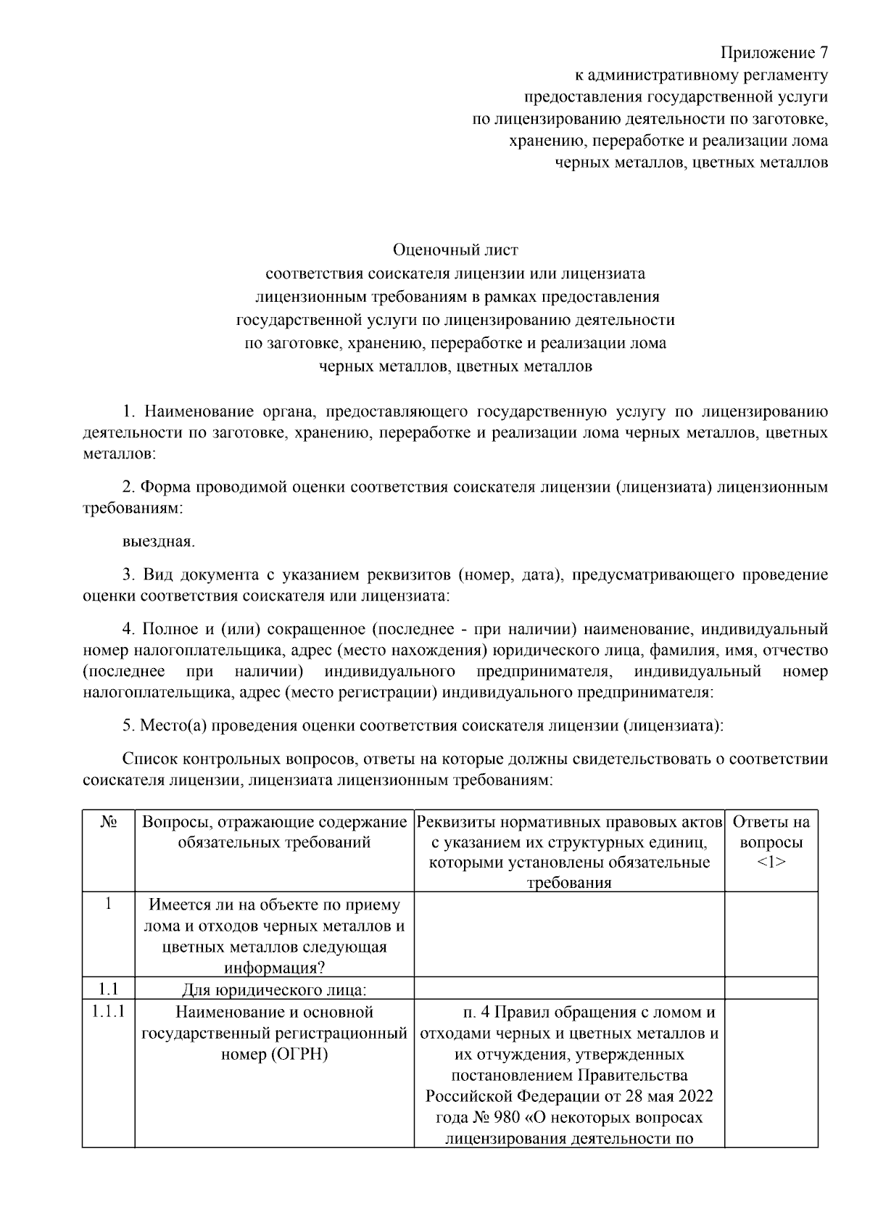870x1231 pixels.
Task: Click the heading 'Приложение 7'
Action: (773, 53)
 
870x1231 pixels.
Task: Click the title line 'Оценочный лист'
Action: (455, 250)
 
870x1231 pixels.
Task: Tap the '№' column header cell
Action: (109, 823)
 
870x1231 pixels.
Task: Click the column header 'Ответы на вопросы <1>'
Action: (771, 842)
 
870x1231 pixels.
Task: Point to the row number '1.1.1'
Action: (109, 1011)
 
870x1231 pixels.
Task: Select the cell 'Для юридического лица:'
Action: (274, 990)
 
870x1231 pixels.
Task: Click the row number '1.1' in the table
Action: (109, 989)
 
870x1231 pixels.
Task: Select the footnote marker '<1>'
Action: (771, 862)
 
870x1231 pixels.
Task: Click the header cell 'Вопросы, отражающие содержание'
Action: (274, 823)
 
